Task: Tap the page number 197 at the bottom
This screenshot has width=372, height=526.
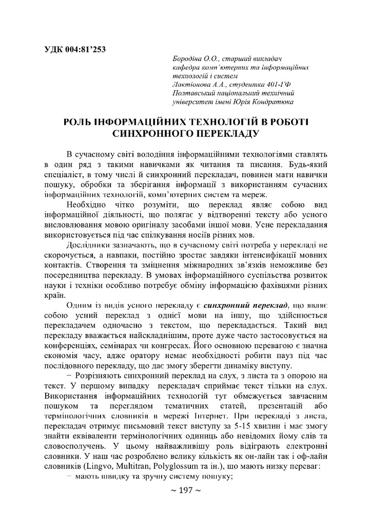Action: coord(185,491)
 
